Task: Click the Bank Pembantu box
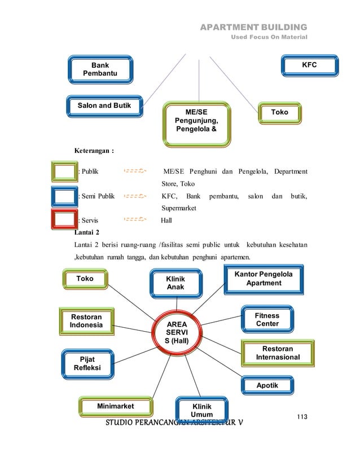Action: pos(100,69)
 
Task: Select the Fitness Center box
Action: pos(267,320)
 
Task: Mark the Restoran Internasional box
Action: pos(277,353)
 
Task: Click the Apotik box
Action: pos(267,386)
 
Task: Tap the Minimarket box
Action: pos(115,406)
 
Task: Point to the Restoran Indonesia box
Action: pos(86,321)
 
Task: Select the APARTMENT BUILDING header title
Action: pos(254,27)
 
